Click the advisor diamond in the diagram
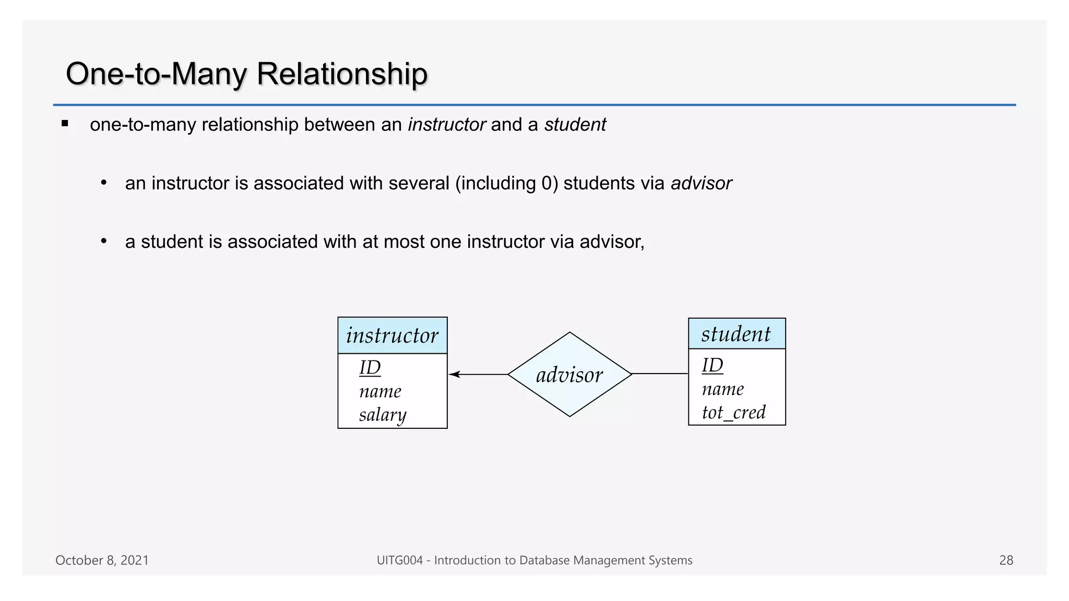569,375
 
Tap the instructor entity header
392,335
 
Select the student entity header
736,334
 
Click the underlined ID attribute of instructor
370,367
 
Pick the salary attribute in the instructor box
383,415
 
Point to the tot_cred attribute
733,413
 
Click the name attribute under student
723,389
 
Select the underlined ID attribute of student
712,365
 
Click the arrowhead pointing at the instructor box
454,374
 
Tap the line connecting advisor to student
660,374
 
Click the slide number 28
1006,560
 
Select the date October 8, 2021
102,560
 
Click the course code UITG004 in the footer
399,560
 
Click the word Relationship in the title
342,74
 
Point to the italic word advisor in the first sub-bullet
701,183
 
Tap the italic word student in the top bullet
575,125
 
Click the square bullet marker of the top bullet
65,124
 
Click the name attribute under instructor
380,391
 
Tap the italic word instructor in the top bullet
447,125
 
